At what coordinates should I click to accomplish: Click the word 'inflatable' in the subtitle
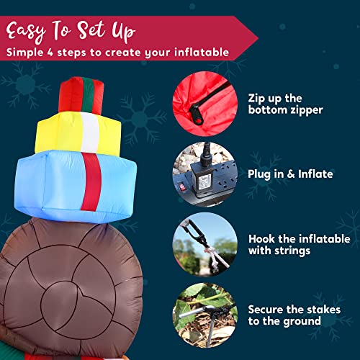(204, 53)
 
